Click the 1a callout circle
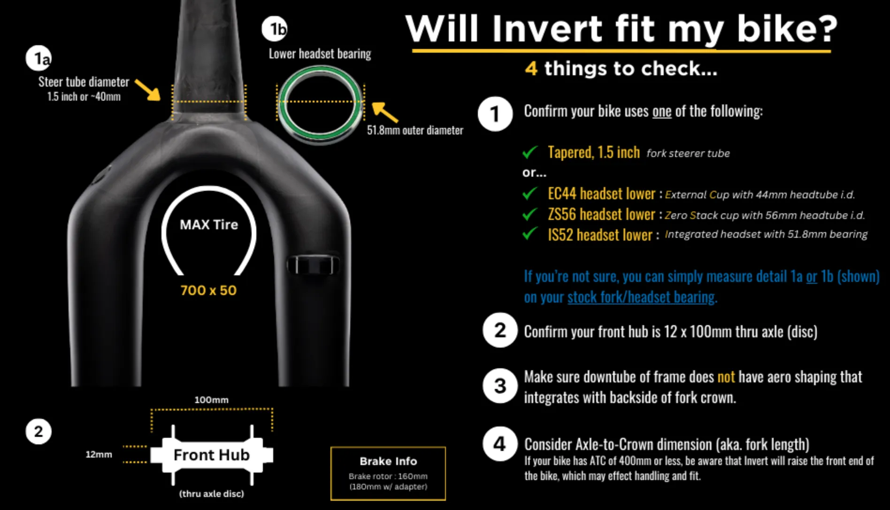(x=39, y=59)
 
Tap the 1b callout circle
(x=275, y=29)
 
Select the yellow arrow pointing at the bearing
(x=385, y=112)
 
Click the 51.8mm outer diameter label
(x=415, y=130)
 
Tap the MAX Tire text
(x=209, y=224)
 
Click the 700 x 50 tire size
(x=209, y=290)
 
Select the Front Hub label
(x=212, y=455)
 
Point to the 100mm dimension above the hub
(x=211, y=400)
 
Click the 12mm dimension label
(x=99, y=455)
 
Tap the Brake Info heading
(x=388, y=461)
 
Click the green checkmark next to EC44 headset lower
(x=530, y=193)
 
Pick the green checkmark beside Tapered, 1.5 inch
(x=530, y=152)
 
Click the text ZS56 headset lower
(x=601, y=215)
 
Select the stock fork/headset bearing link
(x=641, y=297)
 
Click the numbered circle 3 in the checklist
(x=500, y=386)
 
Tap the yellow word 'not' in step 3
(x=726, y=377)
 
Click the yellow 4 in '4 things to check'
(x=531, y=69)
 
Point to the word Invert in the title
(x=547, y=29)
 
